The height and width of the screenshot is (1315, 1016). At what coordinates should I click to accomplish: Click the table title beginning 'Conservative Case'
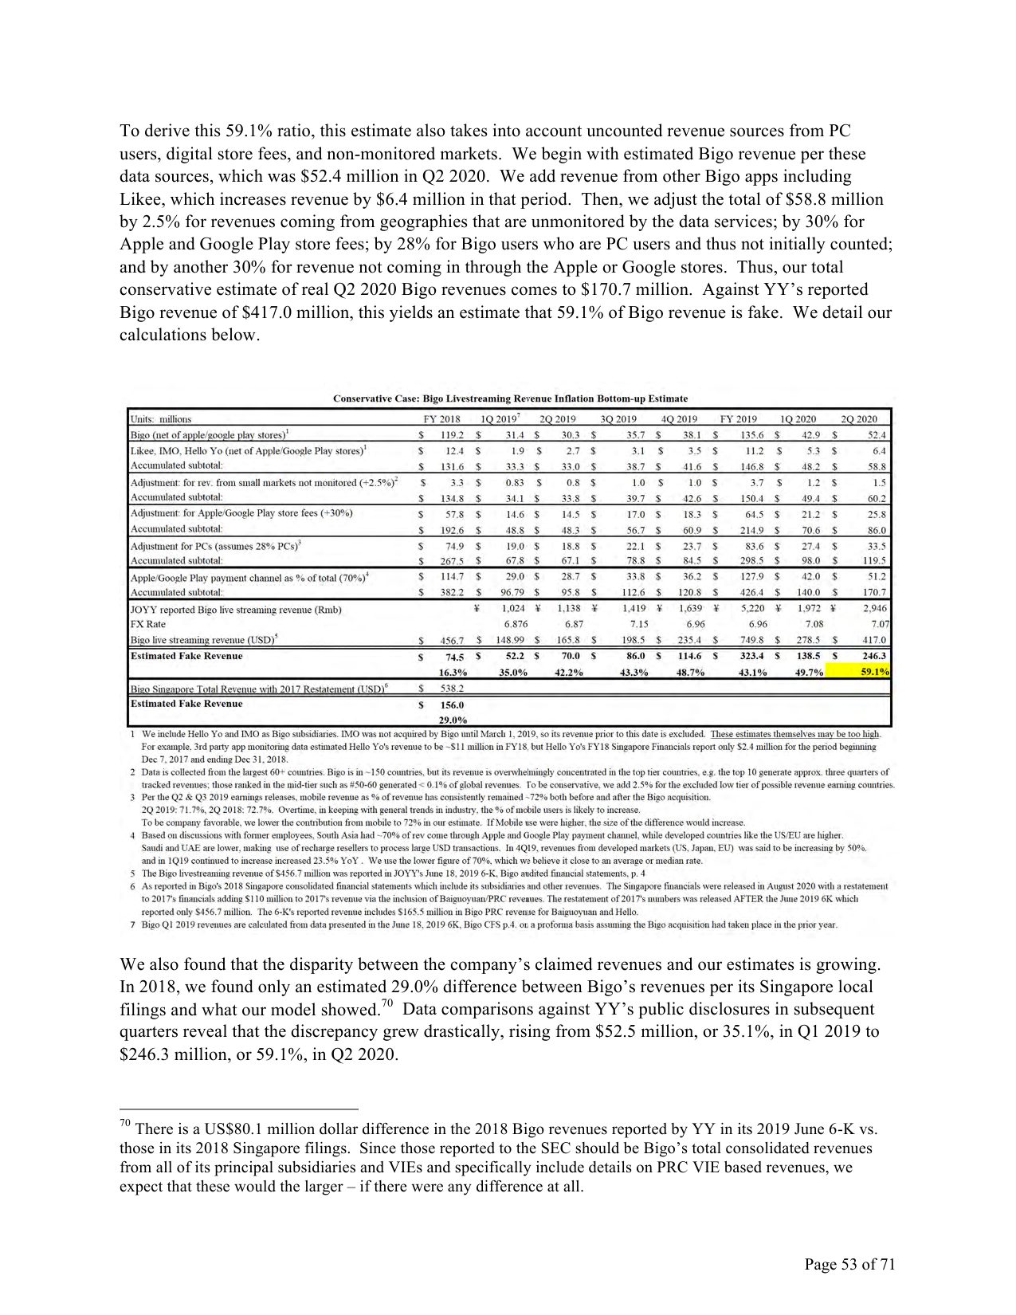pos(510,398)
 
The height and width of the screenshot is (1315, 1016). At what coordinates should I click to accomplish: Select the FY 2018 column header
pos(441,419)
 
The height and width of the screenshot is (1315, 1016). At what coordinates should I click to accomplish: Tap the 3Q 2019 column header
pos(618,419)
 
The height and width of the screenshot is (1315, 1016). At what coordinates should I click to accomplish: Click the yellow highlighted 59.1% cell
pos(874,672)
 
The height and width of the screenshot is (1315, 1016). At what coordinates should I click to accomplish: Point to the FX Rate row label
pos(149,624)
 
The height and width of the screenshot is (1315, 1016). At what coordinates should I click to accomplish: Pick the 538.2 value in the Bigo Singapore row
pos(452,688)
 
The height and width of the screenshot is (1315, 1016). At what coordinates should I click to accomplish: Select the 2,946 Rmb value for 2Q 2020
pos(873,609)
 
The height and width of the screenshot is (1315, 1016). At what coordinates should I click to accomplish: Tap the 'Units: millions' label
pos(161,419)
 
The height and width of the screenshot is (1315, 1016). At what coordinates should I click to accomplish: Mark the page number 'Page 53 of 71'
pos(849,1265)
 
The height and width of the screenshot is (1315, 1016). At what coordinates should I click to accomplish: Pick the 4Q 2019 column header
pos(679,419)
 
